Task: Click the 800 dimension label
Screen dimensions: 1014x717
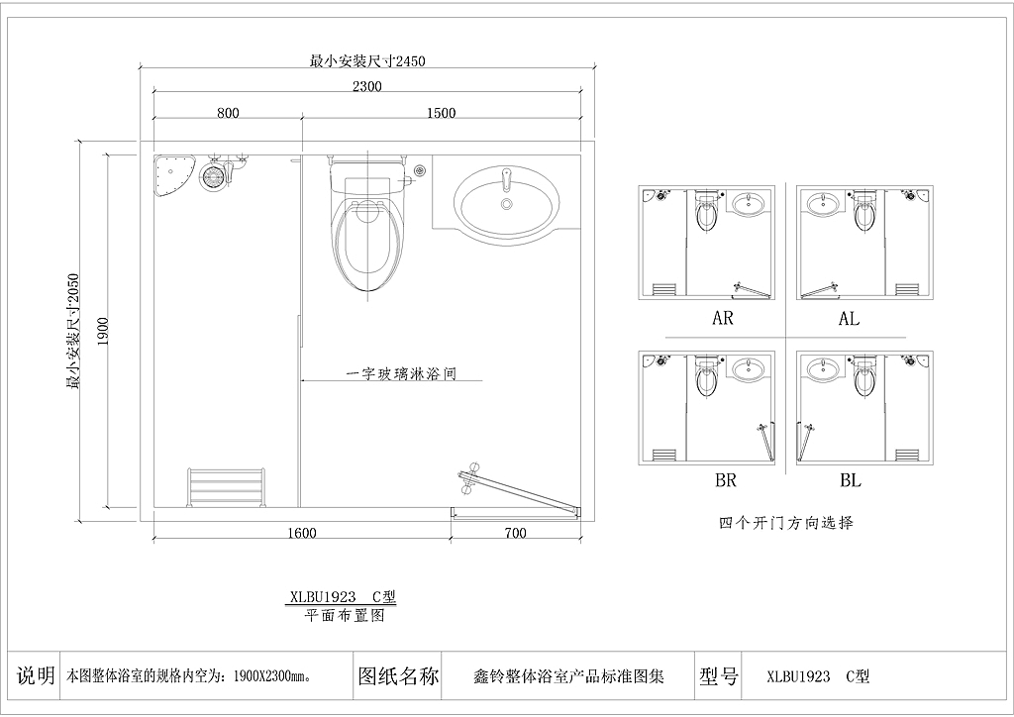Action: point(228,113)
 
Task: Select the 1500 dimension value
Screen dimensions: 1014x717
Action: point(441,113)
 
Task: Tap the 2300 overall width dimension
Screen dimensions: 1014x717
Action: point(367,86)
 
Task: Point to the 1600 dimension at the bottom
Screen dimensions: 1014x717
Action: point(302,533)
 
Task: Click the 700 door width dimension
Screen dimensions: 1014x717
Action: point(515,533)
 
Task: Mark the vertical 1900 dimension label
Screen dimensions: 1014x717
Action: point(104,331)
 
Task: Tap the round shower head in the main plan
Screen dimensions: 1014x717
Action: point(212,176)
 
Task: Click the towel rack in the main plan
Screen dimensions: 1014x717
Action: point(226,486)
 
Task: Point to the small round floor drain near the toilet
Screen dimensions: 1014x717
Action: point(421,170)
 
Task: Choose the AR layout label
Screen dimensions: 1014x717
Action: point(722,318)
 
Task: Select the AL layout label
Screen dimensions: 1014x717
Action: point(849,318)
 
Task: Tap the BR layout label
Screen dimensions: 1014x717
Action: point(726,480)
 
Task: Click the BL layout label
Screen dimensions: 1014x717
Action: point(851,480)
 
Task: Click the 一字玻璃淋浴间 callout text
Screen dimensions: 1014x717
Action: point(402,373)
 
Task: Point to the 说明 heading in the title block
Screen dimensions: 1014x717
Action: point(36,675)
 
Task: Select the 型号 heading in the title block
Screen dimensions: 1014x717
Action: point(719,676)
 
